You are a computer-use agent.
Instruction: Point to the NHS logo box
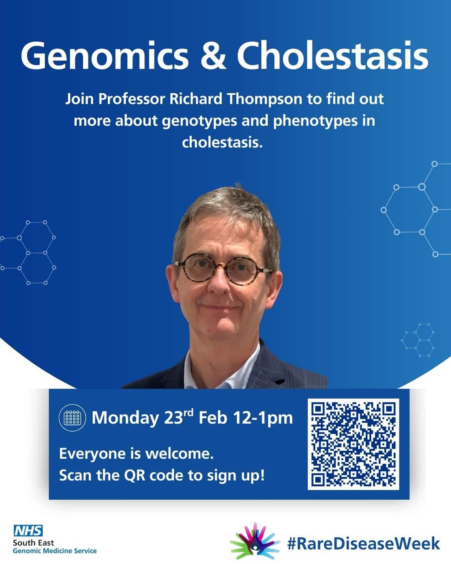pos(28,531)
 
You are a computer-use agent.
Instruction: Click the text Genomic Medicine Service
pos(55,551)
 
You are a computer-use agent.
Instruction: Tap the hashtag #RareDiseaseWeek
pos(363,544)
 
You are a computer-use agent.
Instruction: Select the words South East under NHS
pos(33,543)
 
